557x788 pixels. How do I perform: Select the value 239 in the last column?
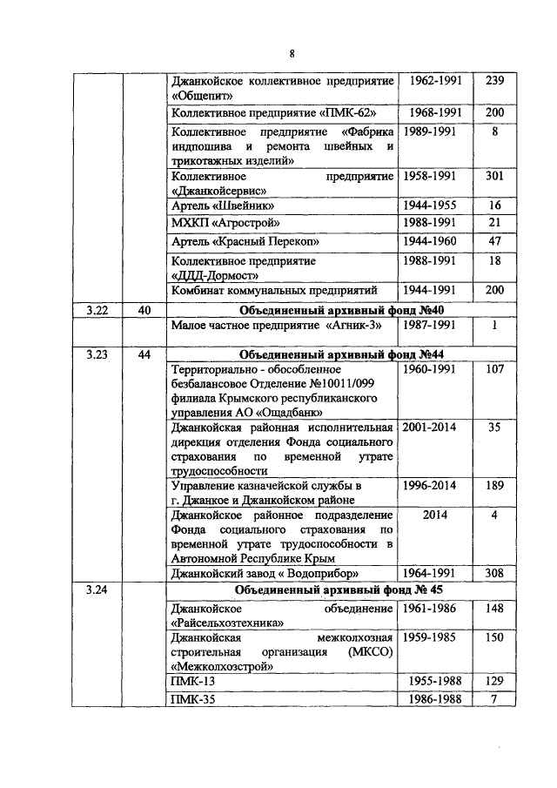[x=494, y=82]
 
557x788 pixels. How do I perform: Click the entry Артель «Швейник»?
[x=224, y=206]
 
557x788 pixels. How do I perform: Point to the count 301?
[x=494, y=176]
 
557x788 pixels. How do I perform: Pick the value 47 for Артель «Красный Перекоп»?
[x=494, y=240]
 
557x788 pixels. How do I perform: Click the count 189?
[x=494, y=485]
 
